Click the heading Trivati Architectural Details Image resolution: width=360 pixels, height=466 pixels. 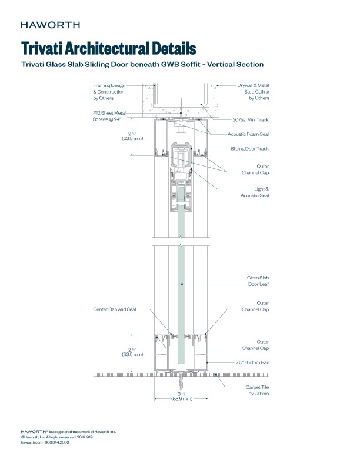[108, 48]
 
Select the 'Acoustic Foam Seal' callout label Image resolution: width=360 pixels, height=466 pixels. [248, 134]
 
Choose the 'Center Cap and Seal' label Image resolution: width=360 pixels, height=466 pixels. [115, 308]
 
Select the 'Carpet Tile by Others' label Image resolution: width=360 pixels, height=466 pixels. [257, 390]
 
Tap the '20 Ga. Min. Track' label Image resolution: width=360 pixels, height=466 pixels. [251, 119]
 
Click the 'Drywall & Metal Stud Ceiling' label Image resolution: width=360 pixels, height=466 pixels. [252, 91]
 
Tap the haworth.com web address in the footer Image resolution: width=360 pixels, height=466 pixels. [32, 442]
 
